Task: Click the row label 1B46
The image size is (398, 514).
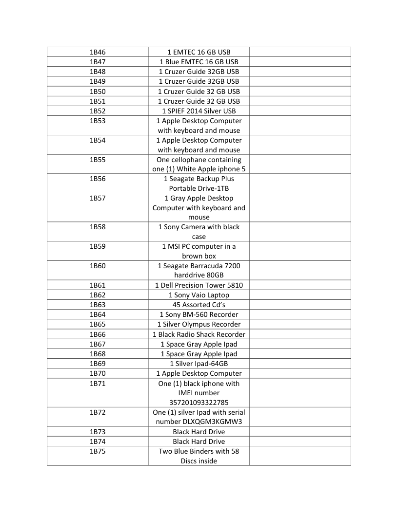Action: (x=98, y=52)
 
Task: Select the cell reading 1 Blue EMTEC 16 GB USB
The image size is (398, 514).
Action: (x=199, y=62)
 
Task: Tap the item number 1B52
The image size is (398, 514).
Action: (x=98, y=111)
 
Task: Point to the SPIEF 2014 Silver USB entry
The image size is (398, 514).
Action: (x=199, y=111)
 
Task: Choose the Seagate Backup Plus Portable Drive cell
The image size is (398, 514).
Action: (x=199, y=184)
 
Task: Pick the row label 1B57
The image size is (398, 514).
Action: (x=98, y=198)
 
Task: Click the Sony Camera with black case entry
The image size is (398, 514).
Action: (x=199, y=232)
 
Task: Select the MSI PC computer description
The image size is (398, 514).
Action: (x=199, y=251)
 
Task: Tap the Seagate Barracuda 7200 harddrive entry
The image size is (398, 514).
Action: (x=199, y=271)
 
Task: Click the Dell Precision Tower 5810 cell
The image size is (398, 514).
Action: (x=199, y=285)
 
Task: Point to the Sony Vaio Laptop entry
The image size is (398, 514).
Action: (x=199, y=295)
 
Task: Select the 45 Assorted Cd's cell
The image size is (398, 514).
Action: (x=199, y=305)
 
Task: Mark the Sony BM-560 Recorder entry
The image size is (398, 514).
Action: (x=199, y=314)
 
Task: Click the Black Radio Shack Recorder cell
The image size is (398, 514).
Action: (x=199, y=334)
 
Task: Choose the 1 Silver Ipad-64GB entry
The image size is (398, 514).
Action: (x=199, y=364)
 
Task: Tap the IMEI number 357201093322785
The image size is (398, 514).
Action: (x=199, y=403)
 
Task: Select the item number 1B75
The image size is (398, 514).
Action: (x=98, y=451)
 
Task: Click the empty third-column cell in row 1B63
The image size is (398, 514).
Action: (x=300, y=305)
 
